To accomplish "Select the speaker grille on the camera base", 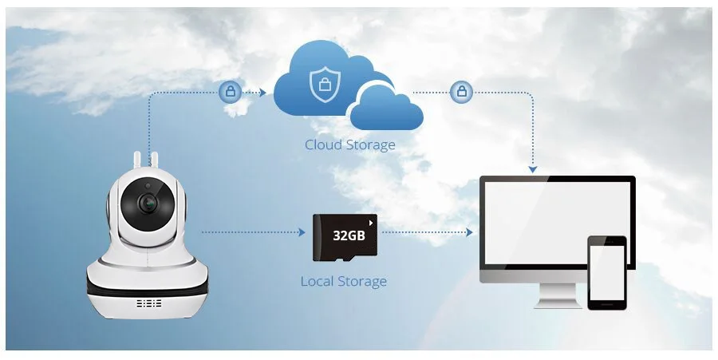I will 149,304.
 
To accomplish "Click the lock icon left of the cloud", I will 230,92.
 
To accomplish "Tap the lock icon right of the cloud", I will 460,92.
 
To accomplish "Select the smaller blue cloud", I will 385,109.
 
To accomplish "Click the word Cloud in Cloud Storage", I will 323,145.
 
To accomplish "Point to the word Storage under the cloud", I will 369,145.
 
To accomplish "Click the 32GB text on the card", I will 349,237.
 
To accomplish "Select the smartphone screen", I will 606,271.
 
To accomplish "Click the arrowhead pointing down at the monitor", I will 533,168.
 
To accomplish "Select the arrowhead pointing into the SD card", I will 302,232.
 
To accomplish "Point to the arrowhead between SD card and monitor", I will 469,232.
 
